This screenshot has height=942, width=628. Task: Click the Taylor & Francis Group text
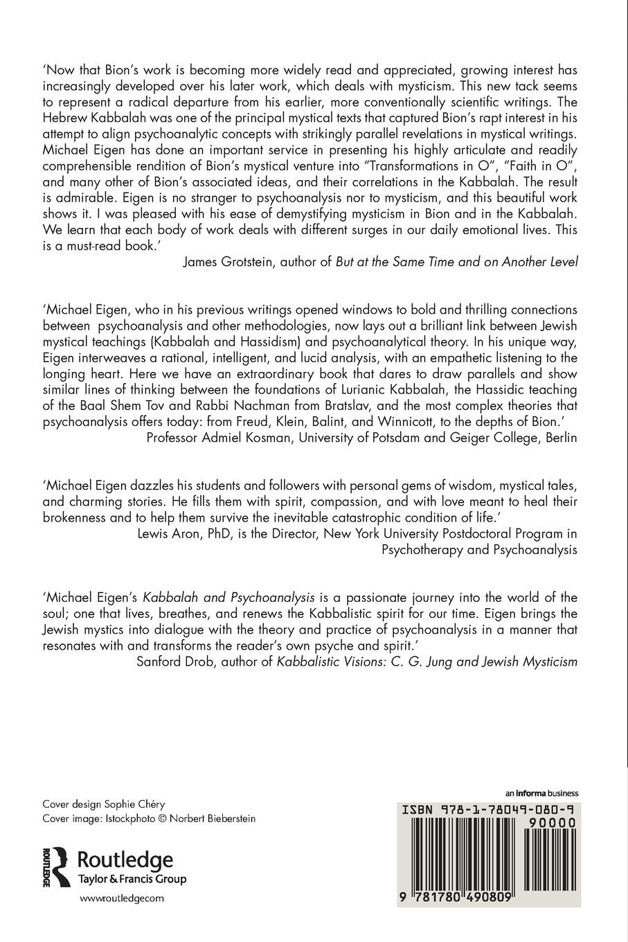point(132,880)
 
